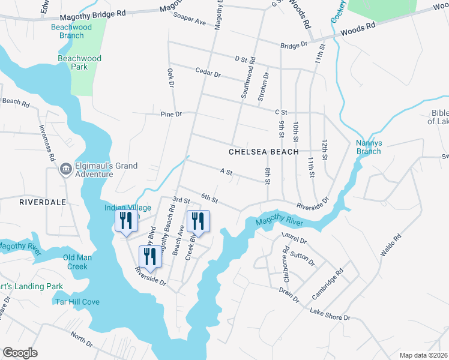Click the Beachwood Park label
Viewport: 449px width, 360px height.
79,62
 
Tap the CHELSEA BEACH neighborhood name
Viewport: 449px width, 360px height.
264,152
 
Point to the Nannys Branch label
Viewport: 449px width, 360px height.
369,147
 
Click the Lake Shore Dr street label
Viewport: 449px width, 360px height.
330,314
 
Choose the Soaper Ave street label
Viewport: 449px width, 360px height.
190,20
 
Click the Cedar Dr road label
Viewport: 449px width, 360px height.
208,72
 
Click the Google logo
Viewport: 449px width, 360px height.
20,353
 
